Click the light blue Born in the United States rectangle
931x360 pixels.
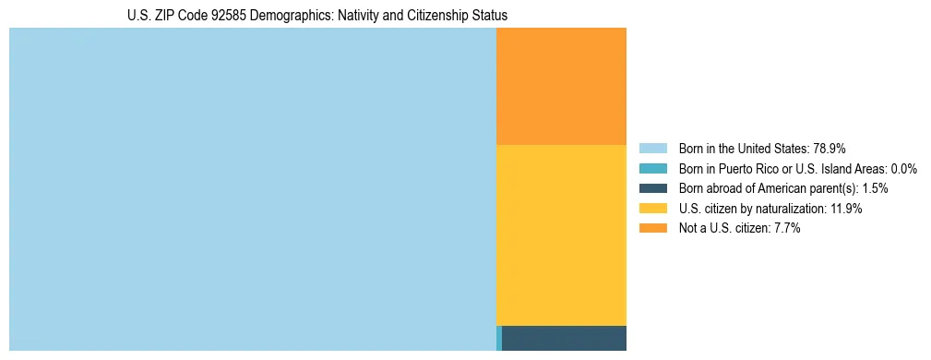[x=252, y=189]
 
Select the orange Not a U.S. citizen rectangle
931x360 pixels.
[x=561, y=86]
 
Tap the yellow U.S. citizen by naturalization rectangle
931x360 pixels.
[x=561, y=235]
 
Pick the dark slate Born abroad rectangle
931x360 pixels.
[x=564, y=338]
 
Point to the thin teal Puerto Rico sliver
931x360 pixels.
[x=499, y=338]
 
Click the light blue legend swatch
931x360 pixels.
[x=652, y=148]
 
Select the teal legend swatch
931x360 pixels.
[x=652, y=168]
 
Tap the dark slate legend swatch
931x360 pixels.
[x=652, y=188]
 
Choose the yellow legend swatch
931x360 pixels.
[x=652, y=209]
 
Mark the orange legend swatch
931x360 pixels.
[x=652, y=229]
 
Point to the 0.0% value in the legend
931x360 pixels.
[x=904, y=168]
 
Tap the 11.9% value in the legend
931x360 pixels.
[x=845, y=209]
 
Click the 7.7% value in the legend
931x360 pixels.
[x=786, y=229]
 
